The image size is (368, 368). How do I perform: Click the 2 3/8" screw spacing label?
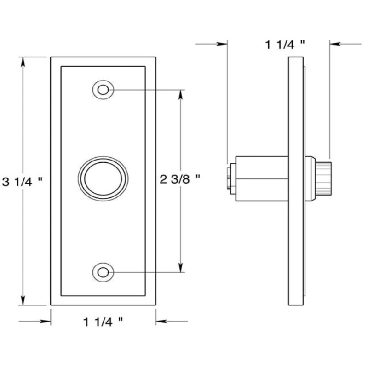[x=180, y=179]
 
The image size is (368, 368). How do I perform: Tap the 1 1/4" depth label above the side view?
[x=285, y=45]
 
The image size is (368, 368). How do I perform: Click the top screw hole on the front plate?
[x=103, y=89]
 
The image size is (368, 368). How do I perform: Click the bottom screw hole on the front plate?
[x=103, y=272]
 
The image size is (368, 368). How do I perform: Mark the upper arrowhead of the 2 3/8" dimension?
[x=180, y=93]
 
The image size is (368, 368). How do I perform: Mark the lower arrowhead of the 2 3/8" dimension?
[x=180, y=268]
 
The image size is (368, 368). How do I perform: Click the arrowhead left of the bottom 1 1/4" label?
[x=46, y=322]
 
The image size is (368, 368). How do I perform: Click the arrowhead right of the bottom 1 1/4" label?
[x=161, y=322]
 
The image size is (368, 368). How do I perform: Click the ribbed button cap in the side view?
[x=325, y=178]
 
